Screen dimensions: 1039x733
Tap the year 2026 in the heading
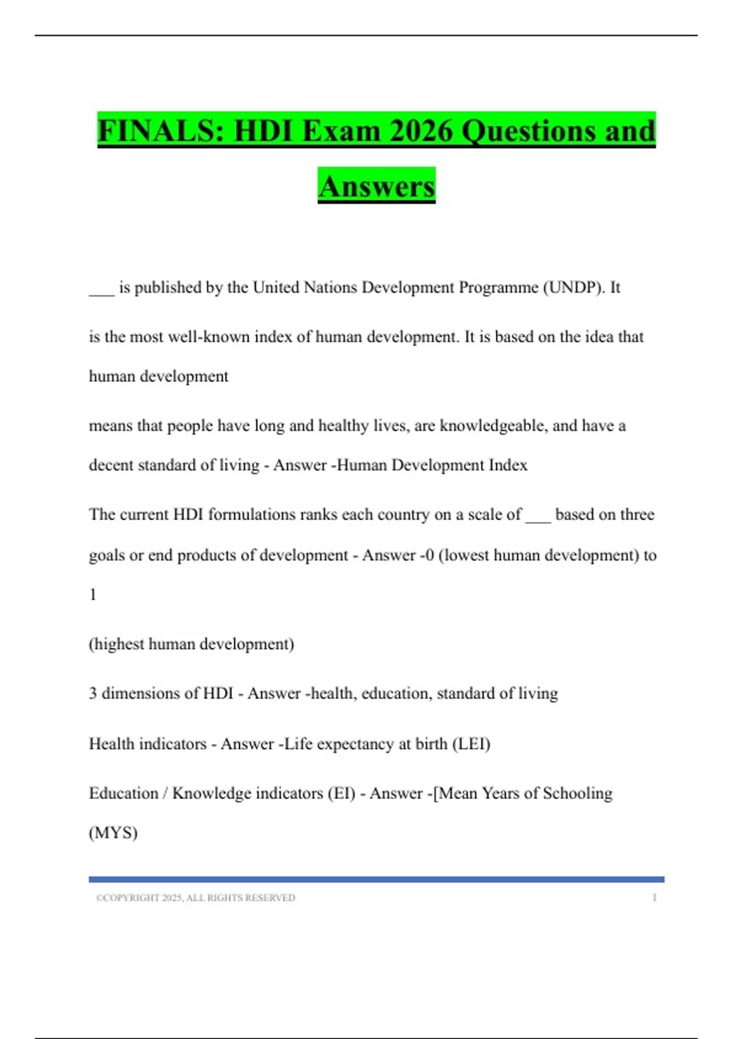click(x=420, y=131)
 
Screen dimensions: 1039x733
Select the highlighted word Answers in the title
click(x=376, y=186)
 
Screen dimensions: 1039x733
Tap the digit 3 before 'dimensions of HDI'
click(x=93, y=694)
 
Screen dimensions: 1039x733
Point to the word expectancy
click(x=356, y=744)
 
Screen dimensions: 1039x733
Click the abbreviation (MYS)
click(x=114, y=833)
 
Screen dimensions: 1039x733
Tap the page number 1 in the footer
click(x=655, y=898)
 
